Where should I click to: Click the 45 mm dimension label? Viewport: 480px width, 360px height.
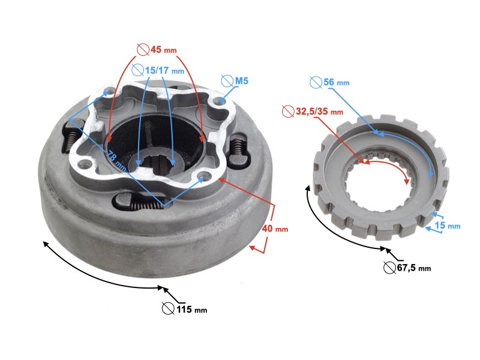tap(163, 50)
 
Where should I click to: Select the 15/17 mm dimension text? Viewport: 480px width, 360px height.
tap(164, 71)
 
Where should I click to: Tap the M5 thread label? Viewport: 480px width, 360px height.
tap(242, 81)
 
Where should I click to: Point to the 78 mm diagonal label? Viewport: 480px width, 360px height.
tap(116, 161)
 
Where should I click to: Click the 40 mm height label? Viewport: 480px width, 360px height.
tap(275, 229)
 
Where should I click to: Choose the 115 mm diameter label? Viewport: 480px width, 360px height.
tap(191, 310)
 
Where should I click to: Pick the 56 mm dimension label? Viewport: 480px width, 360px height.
tap(336, 82)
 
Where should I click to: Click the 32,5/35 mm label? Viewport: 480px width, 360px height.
tap(319, 112)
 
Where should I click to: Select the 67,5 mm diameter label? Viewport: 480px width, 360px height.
tap(414, 268)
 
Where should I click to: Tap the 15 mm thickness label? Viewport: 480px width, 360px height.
tap(447, 226)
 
